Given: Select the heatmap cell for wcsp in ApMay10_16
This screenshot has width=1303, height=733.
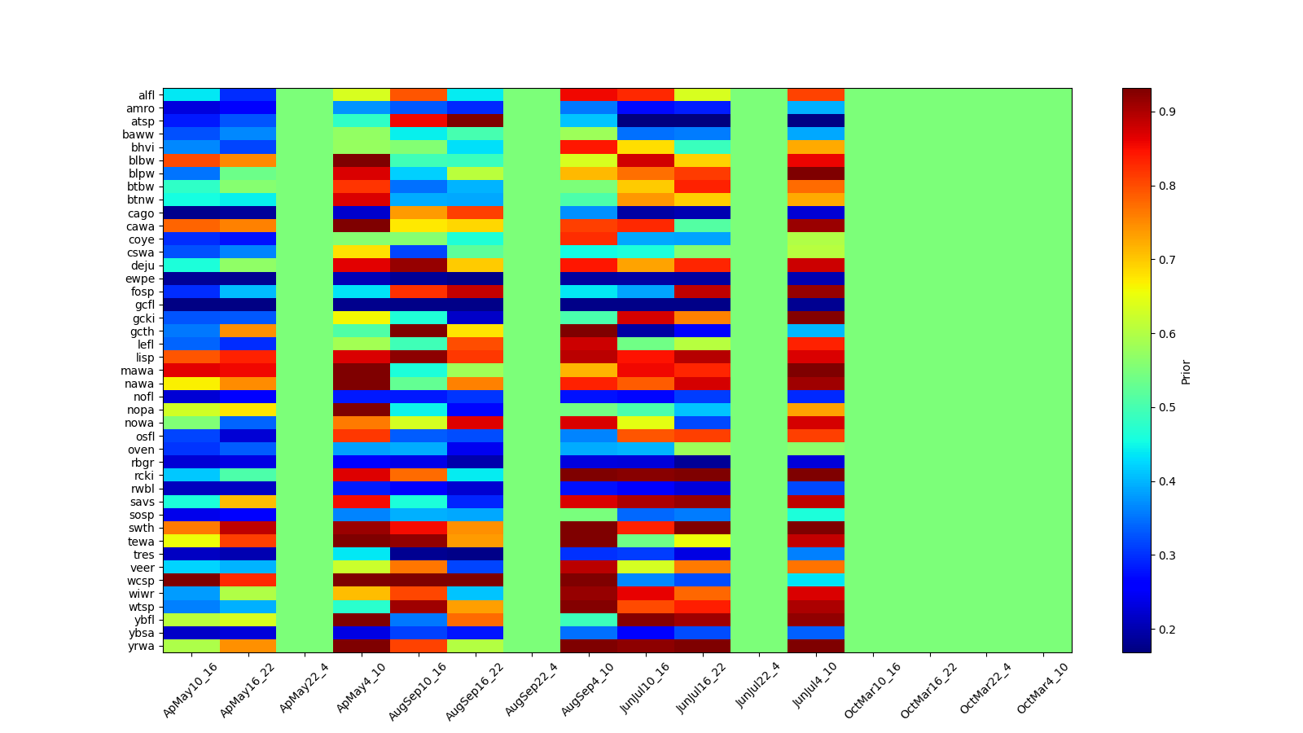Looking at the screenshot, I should point(191,581).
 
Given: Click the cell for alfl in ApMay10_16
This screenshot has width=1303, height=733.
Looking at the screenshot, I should point(191,95).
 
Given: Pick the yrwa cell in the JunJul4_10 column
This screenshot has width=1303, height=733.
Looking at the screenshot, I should point(816,647).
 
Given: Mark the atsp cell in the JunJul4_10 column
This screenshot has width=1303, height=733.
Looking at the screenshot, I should point(816,121).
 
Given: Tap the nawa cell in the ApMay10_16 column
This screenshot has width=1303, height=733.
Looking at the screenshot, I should point(191,384).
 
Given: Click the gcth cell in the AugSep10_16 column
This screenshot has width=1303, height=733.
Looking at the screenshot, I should point(419,331).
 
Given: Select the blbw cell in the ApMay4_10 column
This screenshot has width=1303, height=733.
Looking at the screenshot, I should point(362,160).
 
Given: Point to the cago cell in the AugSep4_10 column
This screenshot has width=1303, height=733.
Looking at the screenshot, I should point(589,213).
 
